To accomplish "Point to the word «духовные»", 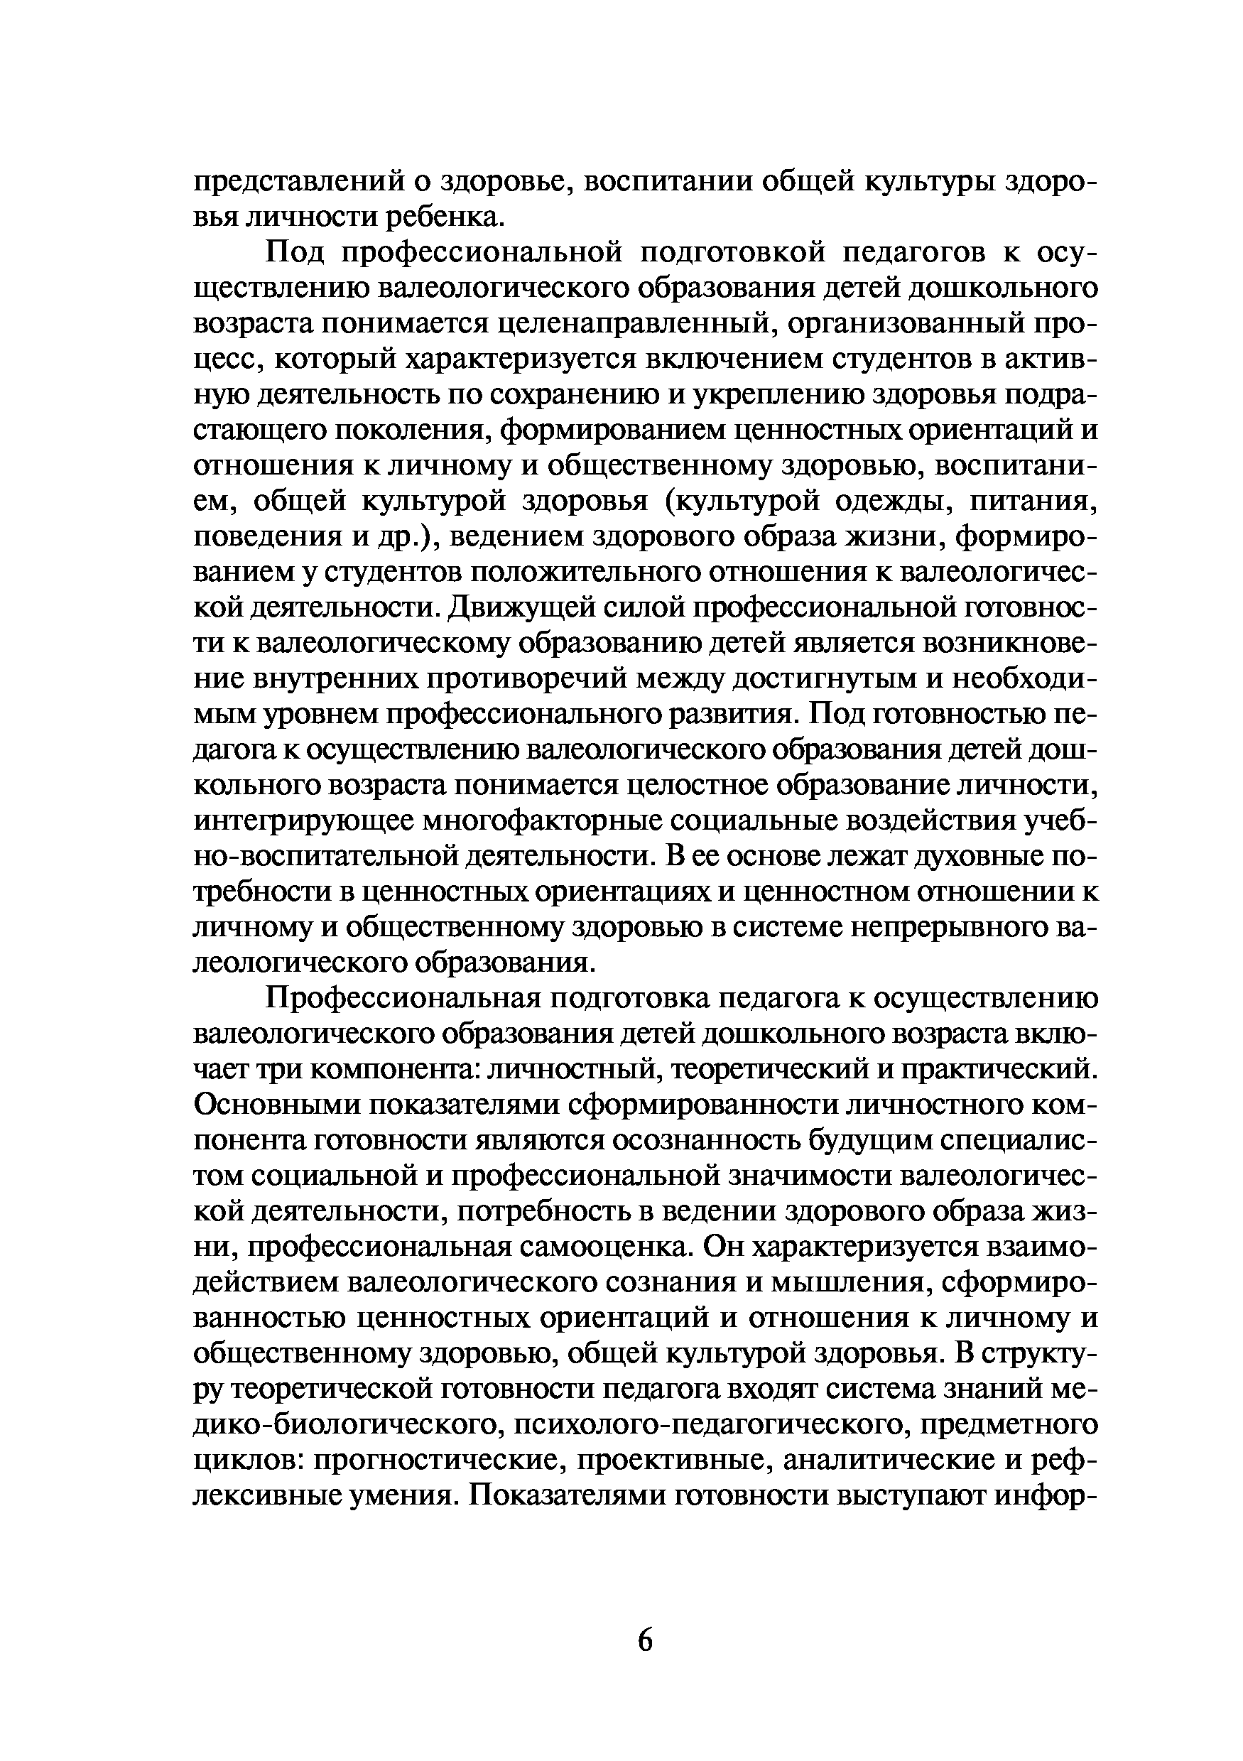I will pyautogui.click(x=977, y=857).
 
